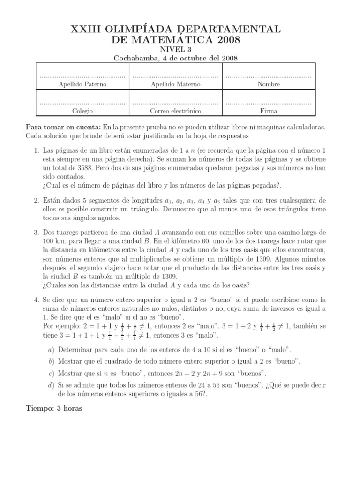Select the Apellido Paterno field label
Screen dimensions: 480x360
[82, 84]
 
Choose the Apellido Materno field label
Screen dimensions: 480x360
[175, 84]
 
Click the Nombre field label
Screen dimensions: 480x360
[269, 84]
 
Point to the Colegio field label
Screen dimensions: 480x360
[82, 111]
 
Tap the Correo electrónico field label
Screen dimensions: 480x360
[175, 111]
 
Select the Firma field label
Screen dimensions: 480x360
[269, 111]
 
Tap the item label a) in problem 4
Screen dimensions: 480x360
[51, 350]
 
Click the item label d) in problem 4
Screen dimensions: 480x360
[51, 385]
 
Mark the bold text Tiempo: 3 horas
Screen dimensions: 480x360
[54, 408]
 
